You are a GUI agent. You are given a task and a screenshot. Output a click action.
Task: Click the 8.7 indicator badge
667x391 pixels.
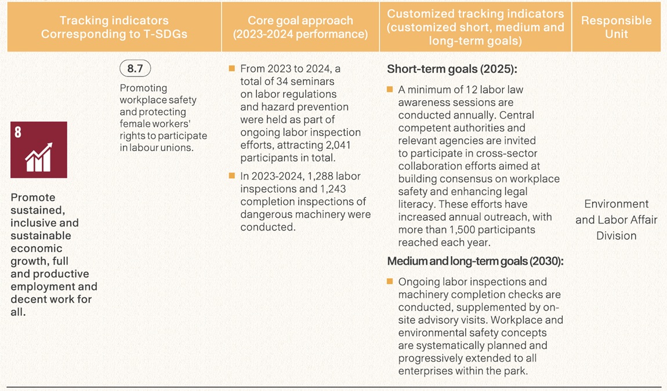(135, 69)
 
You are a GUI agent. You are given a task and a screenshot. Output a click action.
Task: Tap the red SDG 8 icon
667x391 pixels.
(39, 149)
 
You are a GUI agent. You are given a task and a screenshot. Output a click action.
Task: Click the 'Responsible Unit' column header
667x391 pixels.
(616, 27)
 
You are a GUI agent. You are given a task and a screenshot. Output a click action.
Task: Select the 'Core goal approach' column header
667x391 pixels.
(300, 27)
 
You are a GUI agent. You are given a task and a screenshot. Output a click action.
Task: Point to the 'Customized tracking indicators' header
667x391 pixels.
(475, 27)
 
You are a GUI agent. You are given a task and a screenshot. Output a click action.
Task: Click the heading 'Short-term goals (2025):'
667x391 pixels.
(452, 70)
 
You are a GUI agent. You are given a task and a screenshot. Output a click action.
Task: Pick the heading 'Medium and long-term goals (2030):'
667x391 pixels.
(475, 261)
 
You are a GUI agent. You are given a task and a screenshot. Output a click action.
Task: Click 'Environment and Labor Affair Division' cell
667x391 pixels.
(616, 220)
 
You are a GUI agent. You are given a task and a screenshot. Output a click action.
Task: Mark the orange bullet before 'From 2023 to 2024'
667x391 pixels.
(232, 69)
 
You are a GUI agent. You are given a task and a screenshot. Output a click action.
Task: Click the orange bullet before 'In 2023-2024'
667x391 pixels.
(232, 176)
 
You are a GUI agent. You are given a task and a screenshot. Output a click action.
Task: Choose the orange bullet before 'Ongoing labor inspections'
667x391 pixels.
(390, 282)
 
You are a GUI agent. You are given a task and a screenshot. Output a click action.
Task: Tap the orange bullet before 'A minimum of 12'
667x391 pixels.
(390, 90)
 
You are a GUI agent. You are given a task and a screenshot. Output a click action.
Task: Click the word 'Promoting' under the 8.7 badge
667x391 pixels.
(143, 88)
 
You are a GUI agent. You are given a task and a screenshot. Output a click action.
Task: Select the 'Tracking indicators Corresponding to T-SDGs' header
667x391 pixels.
(114, 27)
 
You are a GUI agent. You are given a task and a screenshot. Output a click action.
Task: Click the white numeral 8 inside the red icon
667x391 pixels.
(18, 132)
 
